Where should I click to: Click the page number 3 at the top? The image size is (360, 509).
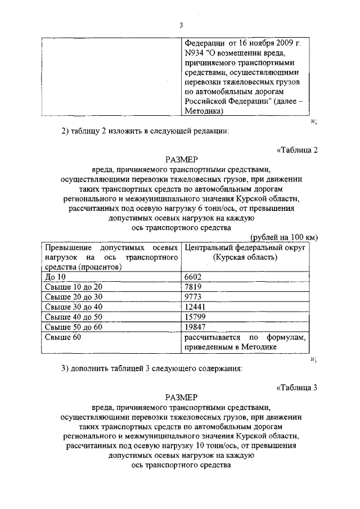[181, 25]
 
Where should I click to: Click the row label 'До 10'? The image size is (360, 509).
[55, 277]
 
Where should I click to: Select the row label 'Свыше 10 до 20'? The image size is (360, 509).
[73, 287]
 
